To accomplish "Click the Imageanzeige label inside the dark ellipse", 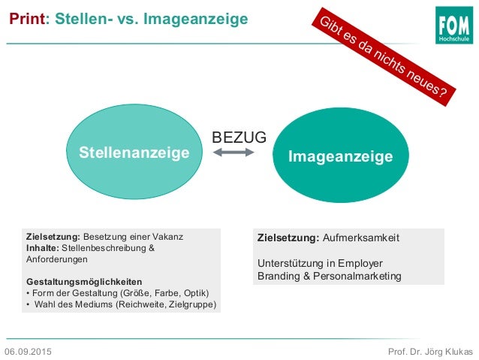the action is pyautogui.click(x=341, y=156).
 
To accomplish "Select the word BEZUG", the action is pyautogui.click(x=239, y=138).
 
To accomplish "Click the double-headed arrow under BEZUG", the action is pyautogui.click(x=234, y=153).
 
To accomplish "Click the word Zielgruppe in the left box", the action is pyautogui.click(x=194, y=304).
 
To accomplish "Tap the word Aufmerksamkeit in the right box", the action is pyautogui.click(x=361, y=237).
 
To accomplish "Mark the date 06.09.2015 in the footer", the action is pyautogui.click(x=29, y=352).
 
